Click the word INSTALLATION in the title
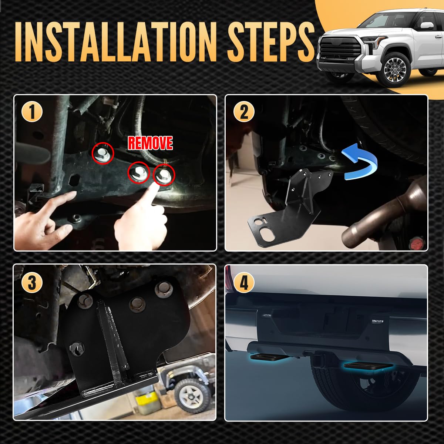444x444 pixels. click(x=115, y=42)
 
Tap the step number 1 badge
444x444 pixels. click(x=32, y=112)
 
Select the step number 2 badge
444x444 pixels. click(x=244, y=112)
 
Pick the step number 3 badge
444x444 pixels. click(x=32, y=282)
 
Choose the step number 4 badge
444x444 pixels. click(x=244, y=282)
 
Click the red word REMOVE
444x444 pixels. click(x=150, y=143)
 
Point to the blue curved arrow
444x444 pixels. click(x=359, y=162)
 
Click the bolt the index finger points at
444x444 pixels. click(x=164, y=175)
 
